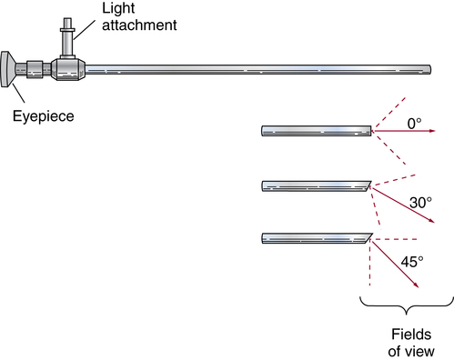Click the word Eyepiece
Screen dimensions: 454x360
(x=44, y=116)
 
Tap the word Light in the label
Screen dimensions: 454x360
(x=118, y=8)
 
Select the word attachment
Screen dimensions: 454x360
(x=139, y=25)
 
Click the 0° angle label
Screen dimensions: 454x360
(x=414, y=124)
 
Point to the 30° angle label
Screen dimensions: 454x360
(x=420, y=203)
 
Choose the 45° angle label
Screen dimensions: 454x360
(x=412, y=262)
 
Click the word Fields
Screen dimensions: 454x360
(x=411, y=335)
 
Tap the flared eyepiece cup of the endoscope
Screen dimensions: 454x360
(x=7, y=69)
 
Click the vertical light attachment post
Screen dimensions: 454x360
(x=67, y=38)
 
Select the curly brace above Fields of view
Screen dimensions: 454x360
(x=407, y=305)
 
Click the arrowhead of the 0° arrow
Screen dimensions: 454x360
(x=432, y=131)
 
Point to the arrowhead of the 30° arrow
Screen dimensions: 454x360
(x=431, y=221)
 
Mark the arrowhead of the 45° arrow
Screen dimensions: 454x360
(x=416, y=285)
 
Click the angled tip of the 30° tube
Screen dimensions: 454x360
(x=368, y=186)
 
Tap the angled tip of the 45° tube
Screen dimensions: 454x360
(x=368, y=238)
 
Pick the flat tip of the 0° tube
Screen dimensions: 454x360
(x=370, y=131)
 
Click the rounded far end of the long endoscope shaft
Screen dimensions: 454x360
(x=429, y=69)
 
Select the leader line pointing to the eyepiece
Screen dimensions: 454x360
(x=18, y=93)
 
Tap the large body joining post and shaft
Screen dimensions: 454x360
(x=68, y=69)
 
